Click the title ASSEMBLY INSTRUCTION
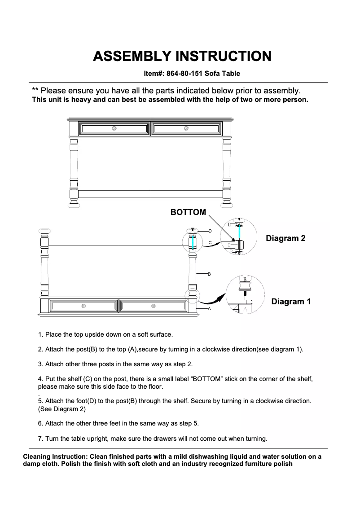[x=182, y=57]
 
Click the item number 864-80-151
[x=184, y=73]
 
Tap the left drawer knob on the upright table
[x=114, y=128]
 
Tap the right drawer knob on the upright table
[x=186, y=128]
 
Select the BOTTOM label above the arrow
[x=188, y=212]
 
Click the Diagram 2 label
[x=285, y=238]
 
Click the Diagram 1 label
[x=291, y=302]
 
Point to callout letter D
[x=210, y=231]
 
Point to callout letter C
[x=210, y=243]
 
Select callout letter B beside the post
[x=209, y=273]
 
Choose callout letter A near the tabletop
[x=209, y=309]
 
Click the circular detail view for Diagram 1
[x=245, y=294]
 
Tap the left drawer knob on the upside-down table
[x=83, y=306]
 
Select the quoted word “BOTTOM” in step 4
[x=207, y=379]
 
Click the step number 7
[x=40, y=438]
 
